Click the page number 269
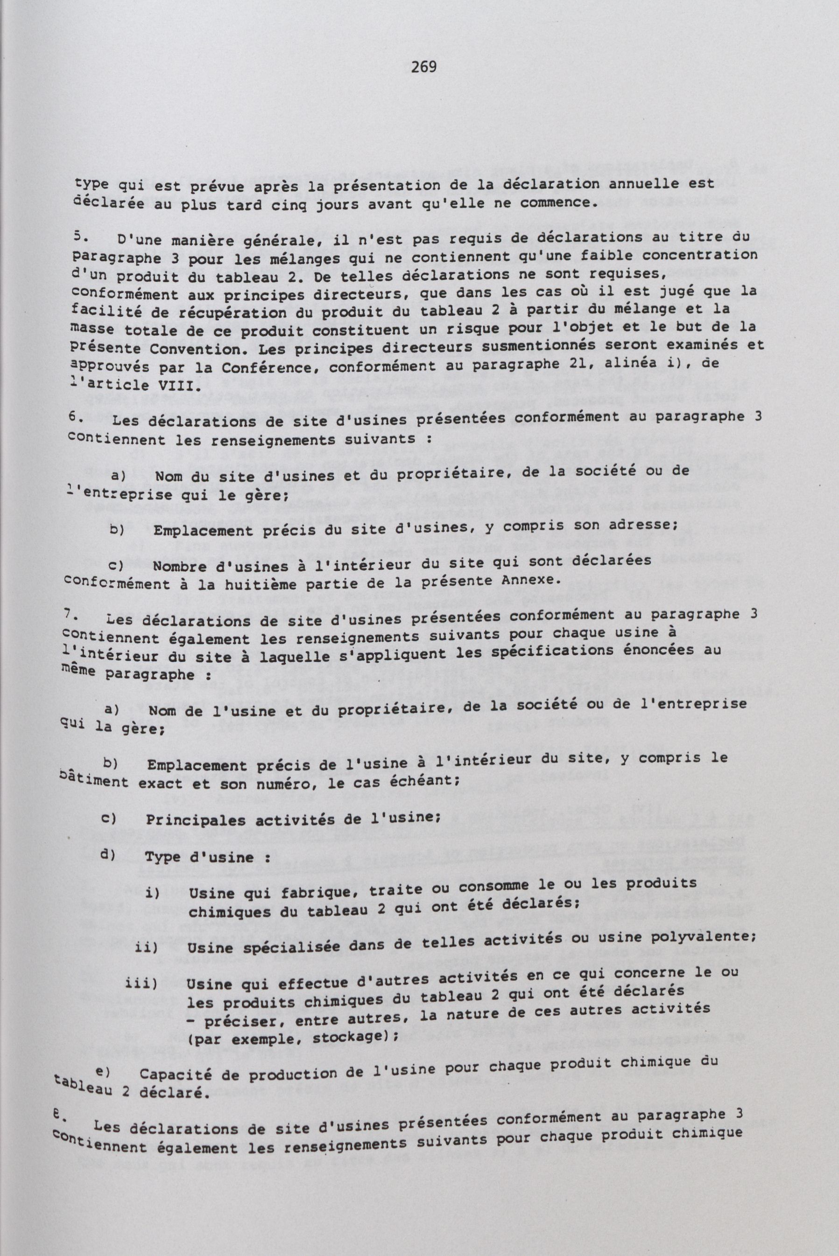click(423, 67)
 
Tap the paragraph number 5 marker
click(78, 235)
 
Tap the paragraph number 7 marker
click(70, 615)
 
